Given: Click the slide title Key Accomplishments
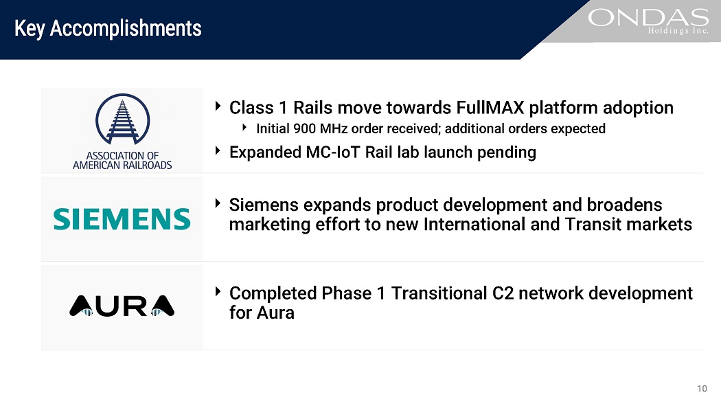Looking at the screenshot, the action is click(108, 28).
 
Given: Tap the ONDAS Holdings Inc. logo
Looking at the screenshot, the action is click(648, 21).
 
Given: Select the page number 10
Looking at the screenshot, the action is click(702, 389).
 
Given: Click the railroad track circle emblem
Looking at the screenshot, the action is click(122, 120).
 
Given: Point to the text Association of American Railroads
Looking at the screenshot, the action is click(122, 161).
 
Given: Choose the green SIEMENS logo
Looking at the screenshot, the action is click(122, 219).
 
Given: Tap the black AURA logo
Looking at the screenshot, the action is click(122, 306).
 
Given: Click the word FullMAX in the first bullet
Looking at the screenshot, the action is click(490, 108).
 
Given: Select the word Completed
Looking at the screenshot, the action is click(273, 293).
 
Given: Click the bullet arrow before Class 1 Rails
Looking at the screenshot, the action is click(218, 106).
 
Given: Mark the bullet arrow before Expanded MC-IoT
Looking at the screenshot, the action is click(218, 151).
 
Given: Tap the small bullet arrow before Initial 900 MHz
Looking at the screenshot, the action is click(244, 127).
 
